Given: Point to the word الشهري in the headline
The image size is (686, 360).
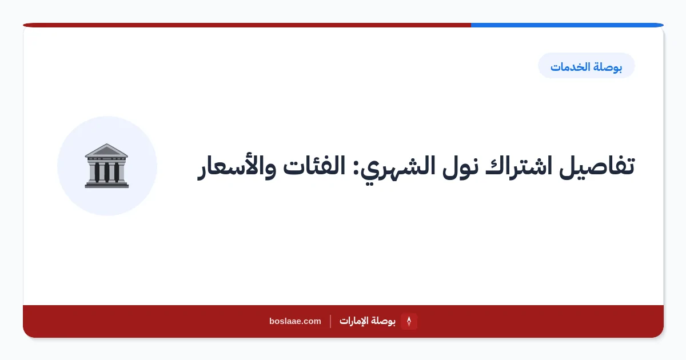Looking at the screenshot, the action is tap(397, 168).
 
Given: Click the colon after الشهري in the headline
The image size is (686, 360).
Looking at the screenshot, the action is tap(356, 170).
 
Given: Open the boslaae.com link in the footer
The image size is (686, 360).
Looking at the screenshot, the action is tap(295, 321).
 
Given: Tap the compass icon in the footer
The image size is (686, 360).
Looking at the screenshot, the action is tap(409, 321).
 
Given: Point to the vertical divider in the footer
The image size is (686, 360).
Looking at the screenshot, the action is tap(330, 321).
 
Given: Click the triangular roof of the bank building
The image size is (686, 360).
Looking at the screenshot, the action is tap(106, 150).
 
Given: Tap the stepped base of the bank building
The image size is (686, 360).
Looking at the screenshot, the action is tap(107, 185).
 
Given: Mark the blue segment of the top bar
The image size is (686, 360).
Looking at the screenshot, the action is tap(567, 25).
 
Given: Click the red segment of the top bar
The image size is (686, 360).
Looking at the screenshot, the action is tap(247, 25).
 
